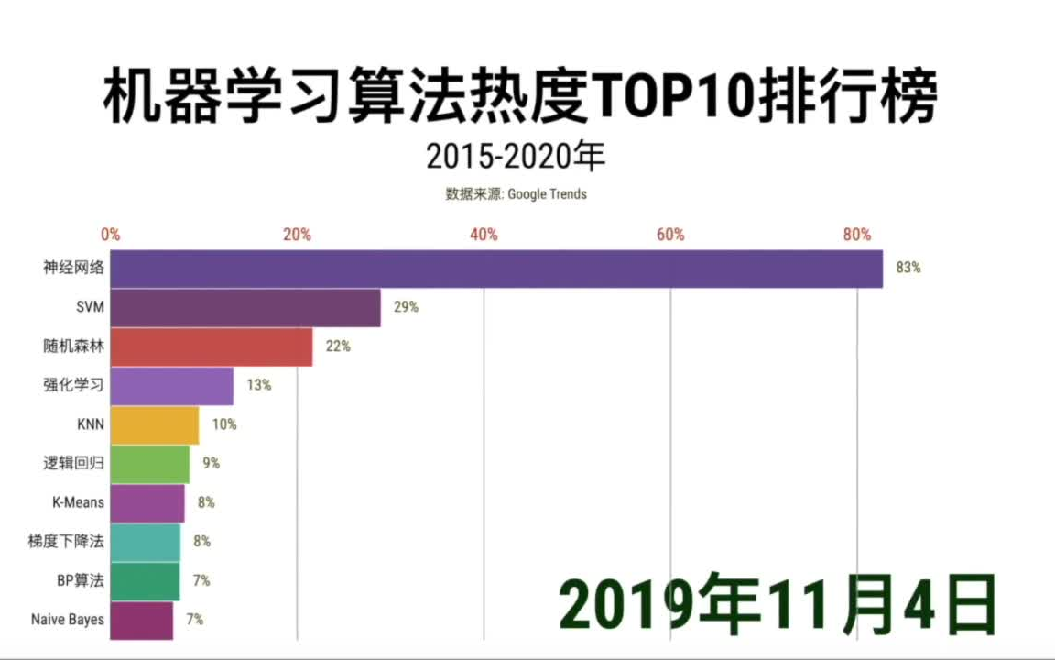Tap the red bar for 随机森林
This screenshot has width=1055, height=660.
pyautogui.click(x=212, y=346)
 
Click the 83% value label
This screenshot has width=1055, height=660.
pyautogui.click(x=908, y=269)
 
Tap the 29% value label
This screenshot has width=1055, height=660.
pyautogui.click(x=406, y=307)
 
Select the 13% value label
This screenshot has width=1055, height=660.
pyautogui.click(x=259, y=385)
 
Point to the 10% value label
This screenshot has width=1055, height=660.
pyautogui.click(x=224, y=424)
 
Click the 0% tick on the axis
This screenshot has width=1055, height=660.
pyautogui.click(x=111, y=235)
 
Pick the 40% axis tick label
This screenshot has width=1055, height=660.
pyautogui.click(x=484, y=235)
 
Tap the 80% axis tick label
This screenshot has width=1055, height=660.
pyautogui.click(x=857, y=235)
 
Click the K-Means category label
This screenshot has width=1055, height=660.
pyautogui.click(x=78, y=502)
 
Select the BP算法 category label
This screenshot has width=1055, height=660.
pyautogui.click(x=81, y=580)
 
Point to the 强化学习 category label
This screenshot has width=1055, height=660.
pyautogui.click(x=73, y=385)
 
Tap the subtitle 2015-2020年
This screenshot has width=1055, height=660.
pyautogui.click(x=516, y=157)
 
